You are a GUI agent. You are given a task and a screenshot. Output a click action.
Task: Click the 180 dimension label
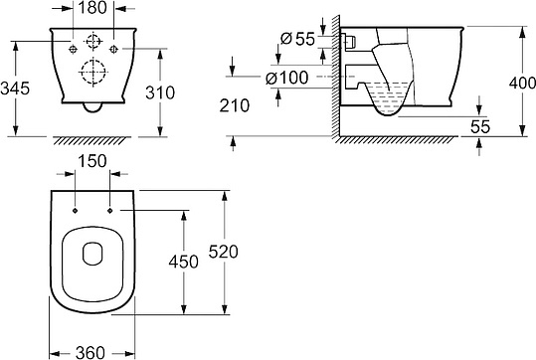click(x=92, y=8)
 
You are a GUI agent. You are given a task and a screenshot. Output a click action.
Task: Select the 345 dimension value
click(x=15, y=89)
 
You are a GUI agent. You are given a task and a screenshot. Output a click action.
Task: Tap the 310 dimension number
click(x=160, y=92)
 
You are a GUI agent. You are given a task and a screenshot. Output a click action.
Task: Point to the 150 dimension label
click(x=92, y=161)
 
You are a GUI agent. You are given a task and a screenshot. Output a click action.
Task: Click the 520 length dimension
click(x=223, y=252)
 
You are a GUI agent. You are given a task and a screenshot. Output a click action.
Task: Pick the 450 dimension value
click(x=184, y=262)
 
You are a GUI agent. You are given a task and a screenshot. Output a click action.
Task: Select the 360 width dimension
click(x=90, y=352)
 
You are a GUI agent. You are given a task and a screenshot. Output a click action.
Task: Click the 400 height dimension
click(x=522, y=83)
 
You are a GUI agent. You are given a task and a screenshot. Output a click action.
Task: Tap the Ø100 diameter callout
click(x=287, y=78)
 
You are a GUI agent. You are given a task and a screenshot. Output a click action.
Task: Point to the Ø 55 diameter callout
click(x=297, y=39)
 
